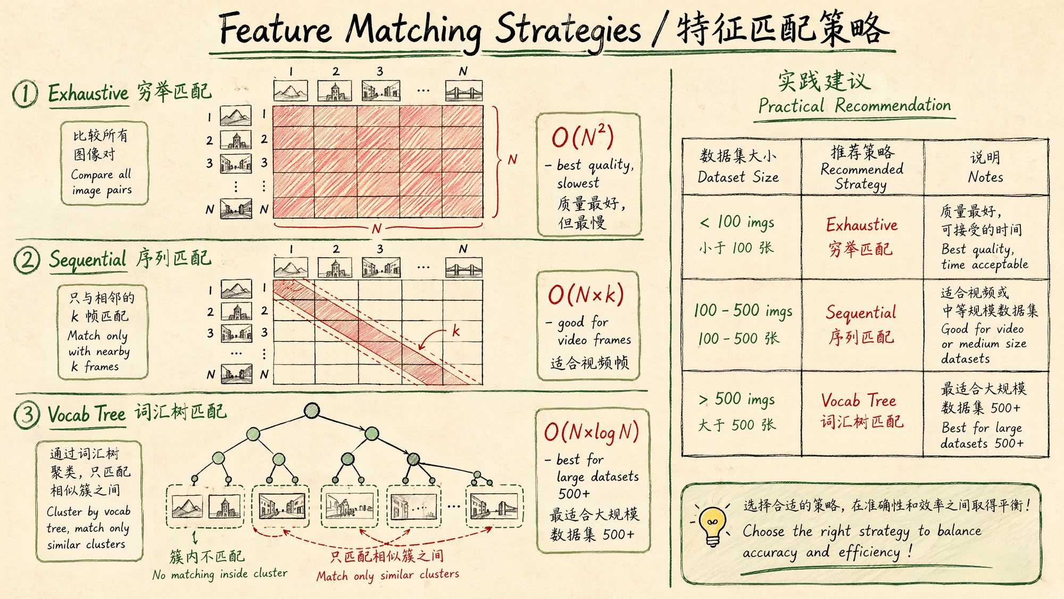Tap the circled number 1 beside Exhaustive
tap(26, 94)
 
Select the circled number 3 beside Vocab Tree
tap(27, 415)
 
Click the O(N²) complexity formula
tap(583, 137)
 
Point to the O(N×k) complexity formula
tap(586, 295)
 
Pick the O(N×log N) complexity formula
tap(591, 432)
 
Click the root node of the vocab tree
tap(312, 411)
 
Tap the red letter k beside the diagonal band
tap(456, 331)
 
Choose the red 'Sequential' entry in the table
tap(861, 313)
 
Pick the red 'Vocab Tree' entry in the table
tap(859, 400)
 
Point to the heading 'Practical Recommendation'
tap(854, 105)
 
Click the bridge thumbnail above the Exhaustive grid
tap(463, 91)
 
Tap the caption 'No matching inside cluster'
tap(220, 574)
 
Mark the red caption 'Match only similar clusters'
tap(388, 575)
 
